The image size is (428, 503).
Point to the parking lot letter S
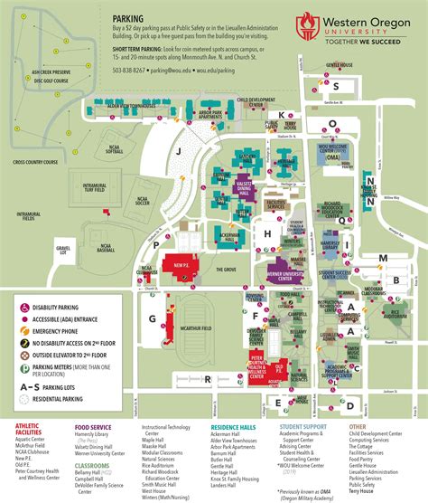336,87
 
